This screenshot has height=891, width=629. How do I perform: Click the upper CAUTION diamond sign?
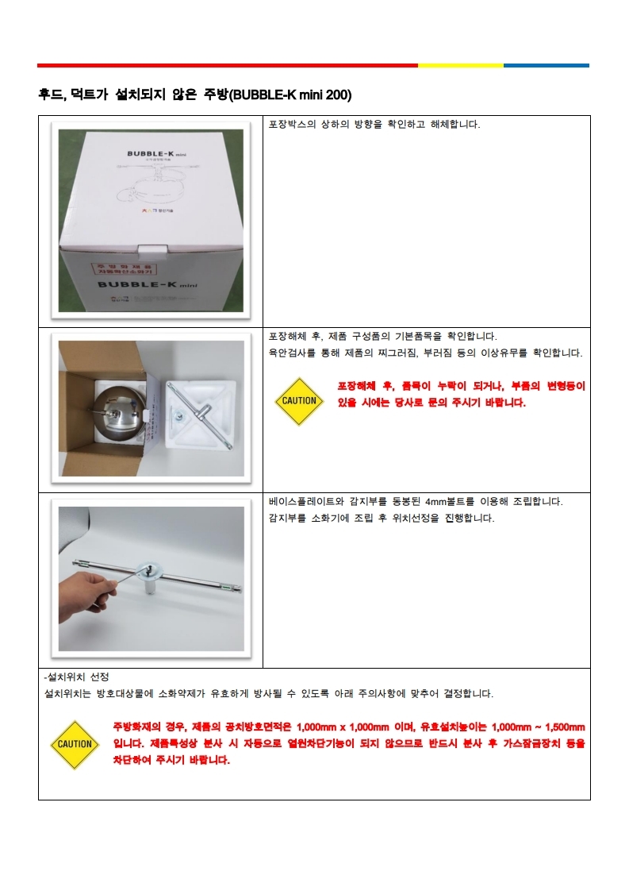tap(299, 401)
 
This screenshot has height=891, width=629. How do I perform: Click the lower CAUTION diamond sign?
tap(75, 744)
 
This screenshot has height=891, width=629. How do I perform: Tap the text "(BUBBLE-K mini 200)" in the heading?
tap(290, 94)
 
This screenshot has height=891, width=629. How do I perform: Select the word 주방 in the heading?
tap(215, 94)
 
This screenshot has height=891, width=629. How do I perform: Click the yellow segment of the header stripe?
tap(460, 65)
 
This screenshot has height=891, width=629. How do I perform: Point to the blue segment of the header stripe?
tap(547, 65)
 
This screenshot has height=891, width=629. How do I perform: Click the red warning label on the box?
tap(125, 268)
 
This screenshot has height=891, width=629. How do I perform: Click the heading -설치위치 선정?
tap(77, 677)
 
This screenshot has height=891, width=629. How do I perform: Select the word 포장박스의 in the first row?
tap(292, 125)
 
